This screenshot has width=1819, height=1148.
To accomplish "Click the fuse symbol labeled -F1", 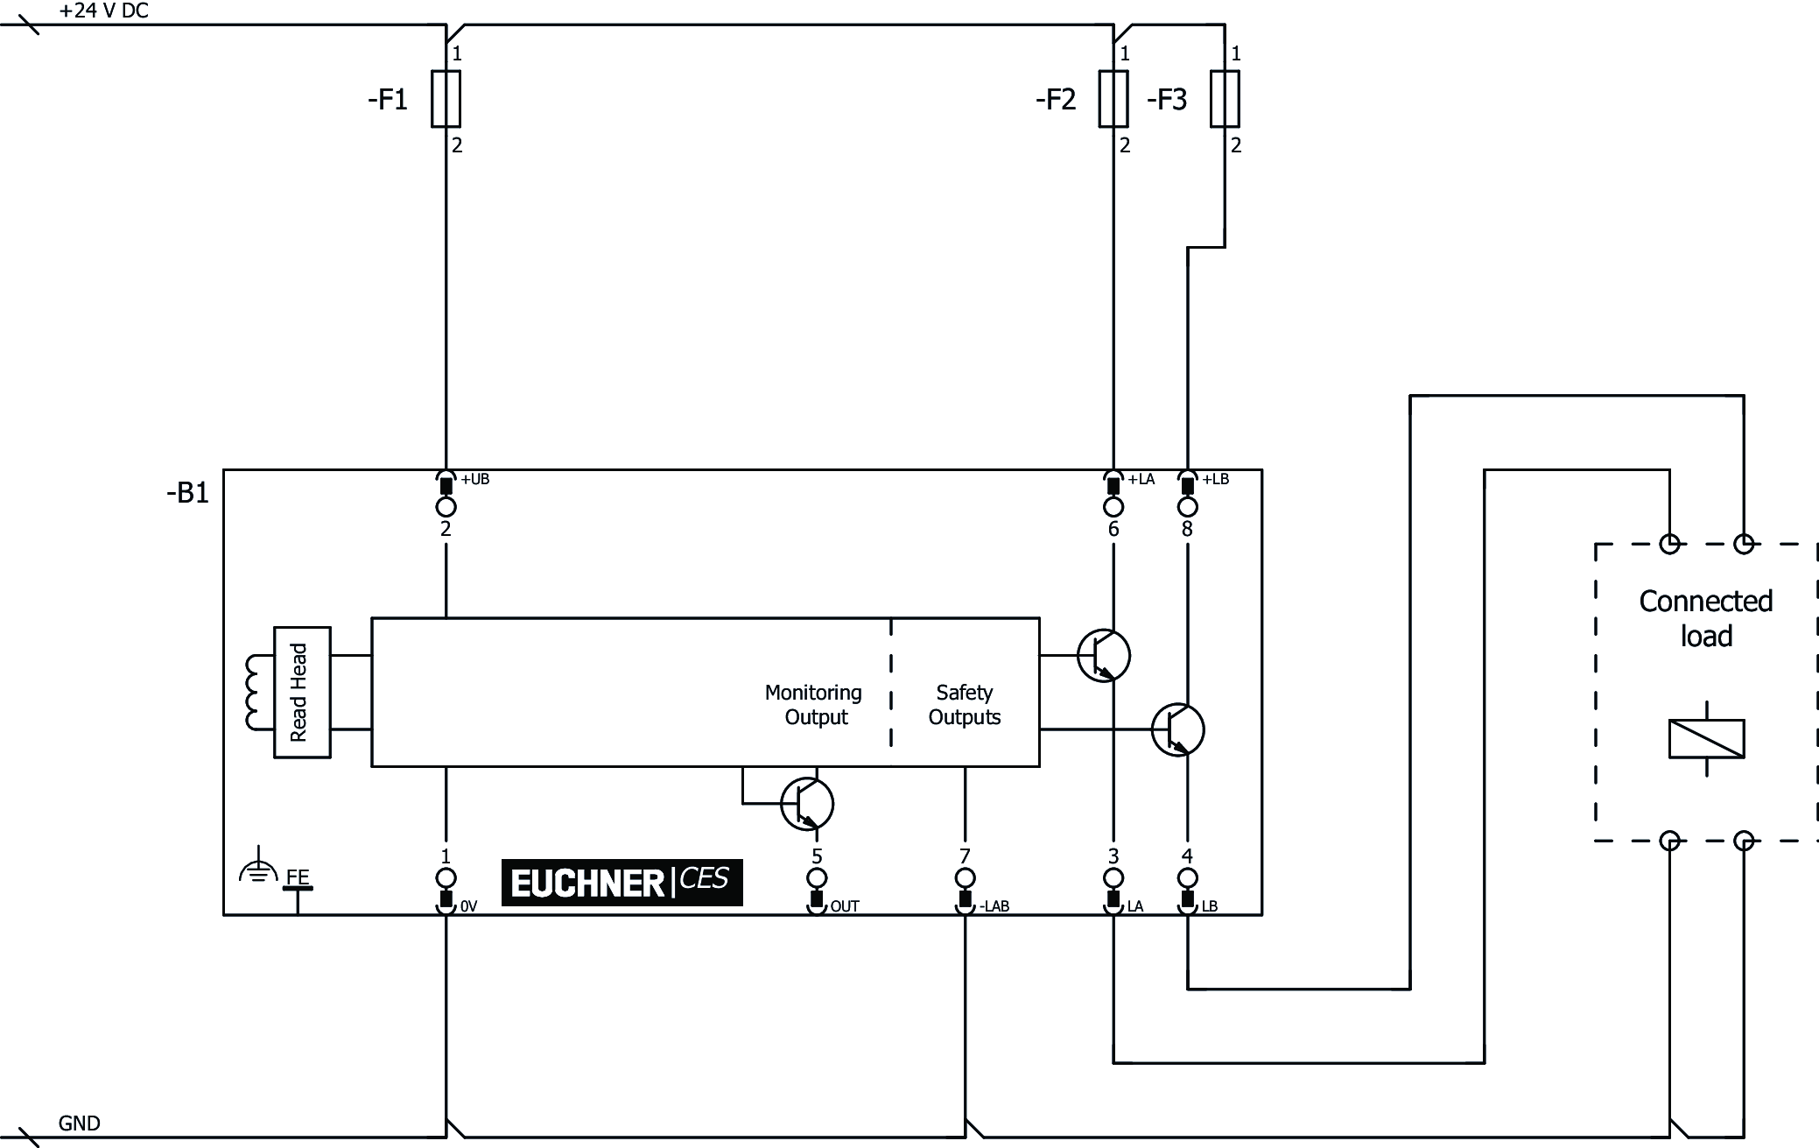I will click(x=446, y=99).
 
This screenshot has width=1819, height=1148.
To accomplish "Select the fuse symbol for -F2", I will click(x=1113, y=99).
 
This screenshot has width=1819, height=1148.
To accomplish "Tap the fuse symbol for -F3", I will click(x=1225, y=99).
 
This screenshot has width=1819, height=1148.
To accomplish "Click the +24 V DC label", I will click(x=103, y=11).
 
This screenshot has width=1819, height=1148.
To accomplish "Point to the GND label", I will click(x=79, y=1123).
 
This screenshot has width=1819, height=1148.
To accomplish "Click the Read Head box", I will click(x=302, y=692).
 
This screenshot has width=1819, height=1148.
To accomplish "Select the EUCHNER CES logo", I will click(x=622, y=882).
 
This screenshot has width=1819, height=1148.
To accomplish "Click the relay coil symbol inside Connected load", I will click(x=1706, y=738).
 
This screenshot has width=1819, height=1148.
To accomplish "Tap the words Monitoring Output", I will click(x=814, y=705).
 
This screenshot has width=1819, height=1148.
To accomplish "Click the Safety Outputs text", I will click(x=964, y=705).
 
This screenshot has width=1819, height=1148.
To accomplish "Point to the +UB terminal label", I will click(x=475, y=479).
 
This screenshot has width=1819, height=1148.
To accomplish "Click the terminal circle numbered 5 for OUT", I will click(x=817, y=877).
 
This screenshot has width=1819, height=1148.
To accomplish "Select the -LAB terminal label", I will click(x=994, y=906).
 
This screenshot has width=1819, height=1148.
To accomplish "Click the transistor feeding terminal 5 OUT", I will click(x=807, y=804).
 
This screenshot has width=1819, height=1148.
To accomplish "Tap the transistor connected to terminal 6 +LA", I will click(x=1103, y=655).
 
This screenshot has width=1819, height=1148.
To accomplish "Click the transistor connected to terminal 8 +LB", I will click(x=1177, y=729).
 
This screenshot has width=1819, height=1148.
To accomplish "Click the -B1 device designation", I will click(x=188, y=493).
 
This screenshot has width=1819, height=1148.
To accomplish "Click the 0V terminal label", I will click(x=468, y=906).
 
